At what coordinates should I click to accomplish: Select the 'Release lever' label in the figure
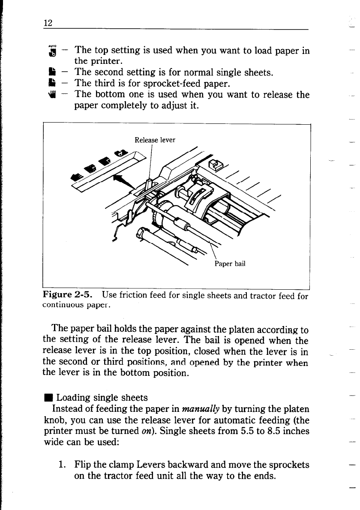click(x=155, y=139)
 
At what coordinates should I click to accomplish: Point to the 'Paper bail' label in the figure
click(x=229, y=264)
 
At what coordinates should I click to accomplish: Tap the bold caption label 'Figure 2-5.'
click(x=69, y=295)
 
